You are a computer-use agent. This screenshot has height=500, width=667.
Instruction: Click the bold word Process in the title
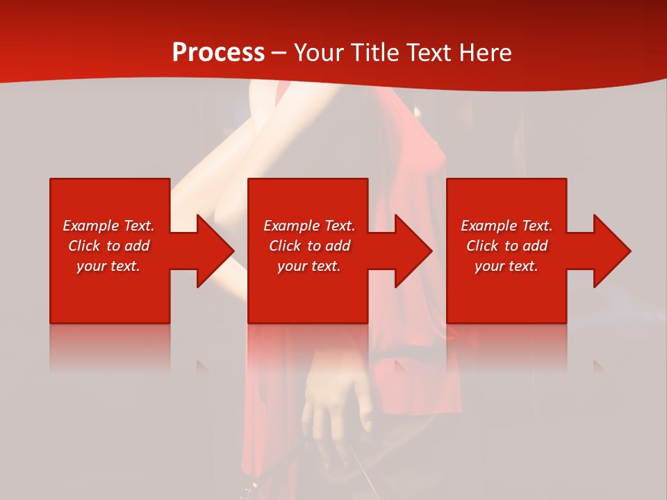point(218,53)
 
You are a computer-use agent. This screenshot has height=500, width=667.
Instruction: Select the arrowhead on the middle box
point(413,251)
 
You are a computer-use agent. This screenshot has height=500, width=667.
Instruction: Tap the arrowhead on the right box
point(611,251)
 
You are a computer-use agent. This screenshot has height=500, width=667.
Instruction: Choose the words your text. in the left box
point(108,266)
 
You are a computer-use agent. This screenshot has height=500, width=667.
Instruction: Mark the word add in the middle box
point(338,246)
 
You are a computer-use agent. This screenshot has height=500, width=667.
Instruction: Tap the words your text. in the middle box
point(308,266)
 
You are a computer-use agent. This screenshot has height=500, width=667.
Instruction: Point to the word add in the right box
point(535,246)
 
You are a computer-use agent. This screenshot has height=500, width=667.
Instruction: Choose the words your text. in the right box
point(506,266)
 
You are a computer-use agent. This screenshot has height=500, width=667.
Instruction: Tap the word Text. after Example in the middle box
point(338,226)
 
